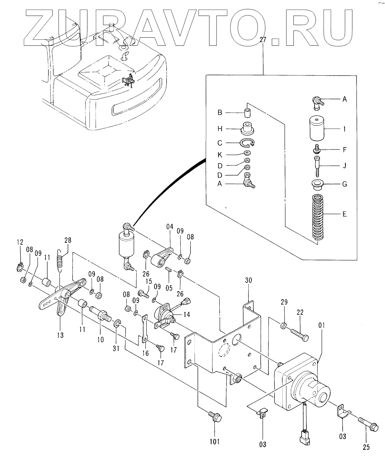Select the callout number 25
(x=366, y=447)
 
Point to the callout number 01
(x=321, y=326)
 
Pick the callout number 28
(x=68, y=241)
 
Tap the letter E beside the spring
(x=344, y=214)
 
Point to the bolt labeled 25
(x=366, y=423)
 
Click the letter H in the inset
(x=220, y=129)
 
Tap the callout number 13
(x=60, y=335)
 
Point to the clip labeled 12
(x=20, y=268)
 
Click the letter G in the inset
(x=344, y=184)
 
